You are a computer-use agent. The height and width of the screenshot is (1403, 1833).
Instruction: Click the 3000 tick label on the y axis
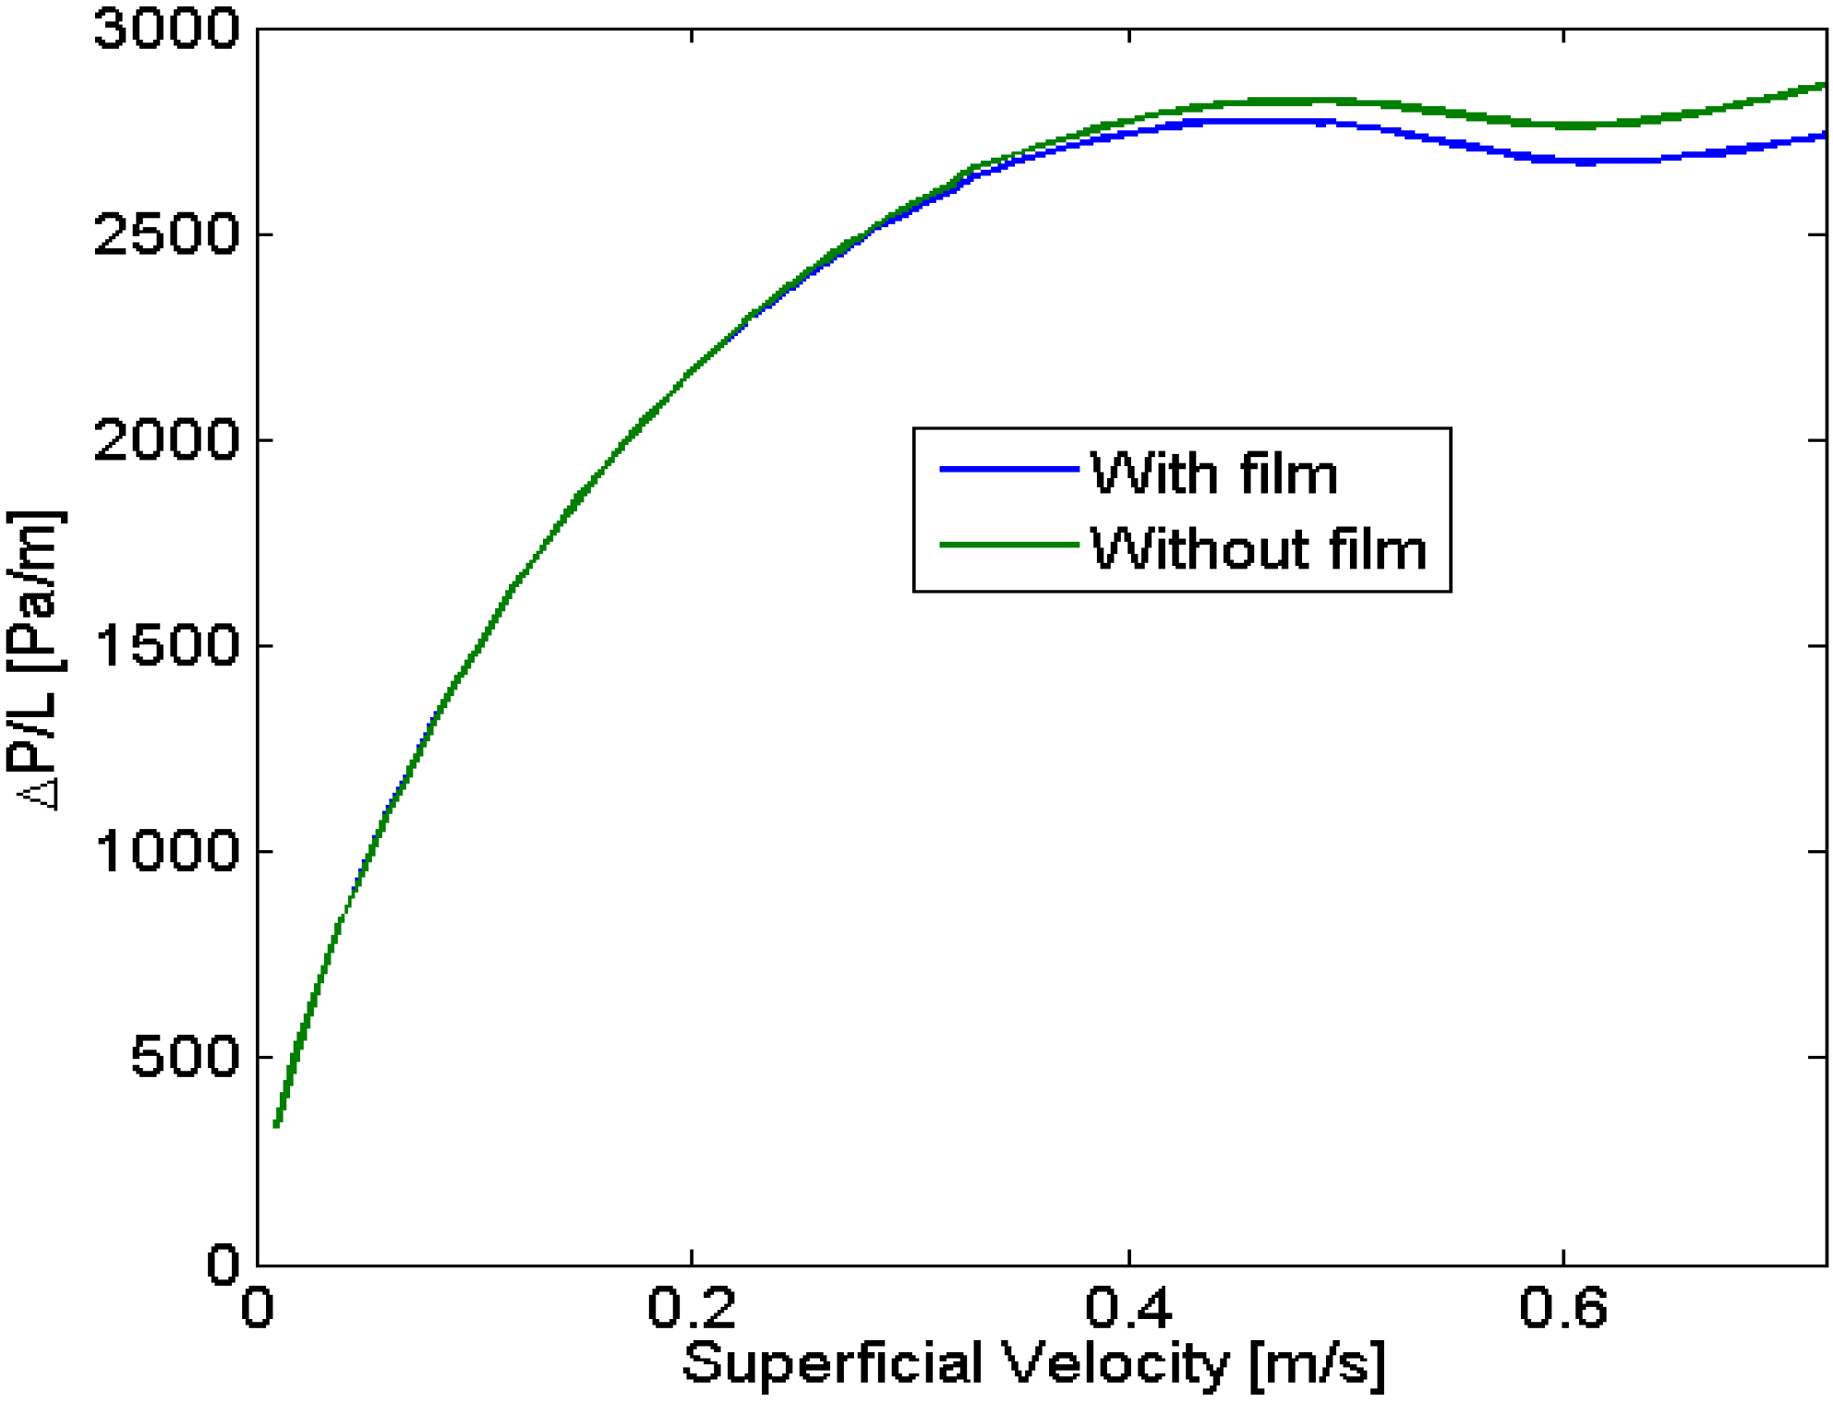pos(166,30)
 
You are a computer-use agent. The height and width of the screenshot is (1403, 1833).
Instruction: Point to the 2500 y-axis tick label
pos(166,235)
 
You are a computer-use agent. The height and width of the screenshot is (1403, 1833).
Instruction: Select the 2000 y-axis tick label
pos(166,440)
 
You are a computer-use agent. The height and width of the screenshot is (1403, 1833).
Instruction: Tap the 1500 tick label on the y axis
pos(166,646)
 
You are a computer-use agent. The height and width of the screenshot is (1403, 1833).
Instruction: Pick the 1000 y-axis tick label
pos(166,851)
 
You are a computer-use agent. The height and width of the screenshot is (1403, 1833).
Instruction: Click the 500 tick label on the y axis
pos(185,1057)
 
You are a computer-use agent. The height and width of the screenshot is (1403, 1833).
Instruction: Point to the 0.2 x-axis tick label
pos(691,1308)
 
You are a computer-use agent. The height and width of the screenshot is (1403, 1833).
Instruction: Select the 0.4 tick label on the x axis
pos(1128,1308)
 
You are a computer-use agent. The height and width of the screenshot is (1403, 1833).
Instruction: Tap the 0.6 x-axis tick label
pos(1563,1308)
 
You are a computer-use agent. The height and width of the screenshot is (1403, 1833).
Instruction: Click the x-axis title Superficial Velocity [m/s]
pos(1034,1363)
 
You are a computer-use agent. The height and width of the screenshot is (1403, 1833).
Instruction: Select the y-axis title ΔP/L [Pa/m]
pos(37,660)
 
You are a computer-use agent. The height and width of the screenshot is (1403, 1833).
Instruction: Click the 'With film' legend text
pos(1213,474)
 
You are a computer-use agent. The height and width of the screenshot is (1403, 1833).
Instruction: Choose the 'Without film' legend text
pos(1258,549)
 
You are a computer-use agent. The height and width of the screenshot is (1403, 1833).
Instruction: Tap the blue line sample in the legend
pos(1008,470)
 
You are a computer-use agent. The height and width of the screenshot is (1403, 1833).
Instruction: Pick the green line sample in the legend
pos(1008,545)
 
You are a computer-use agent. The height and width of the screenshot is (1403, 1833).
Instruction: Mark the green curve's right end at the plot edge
pos(1824,86)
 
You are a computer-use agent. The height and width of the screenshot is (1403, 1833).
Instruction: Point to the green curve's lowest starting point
pos(277,1123)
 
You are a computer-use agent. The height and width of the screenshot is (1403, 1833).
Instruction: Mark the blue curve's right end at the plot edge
pos(1824,137)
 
